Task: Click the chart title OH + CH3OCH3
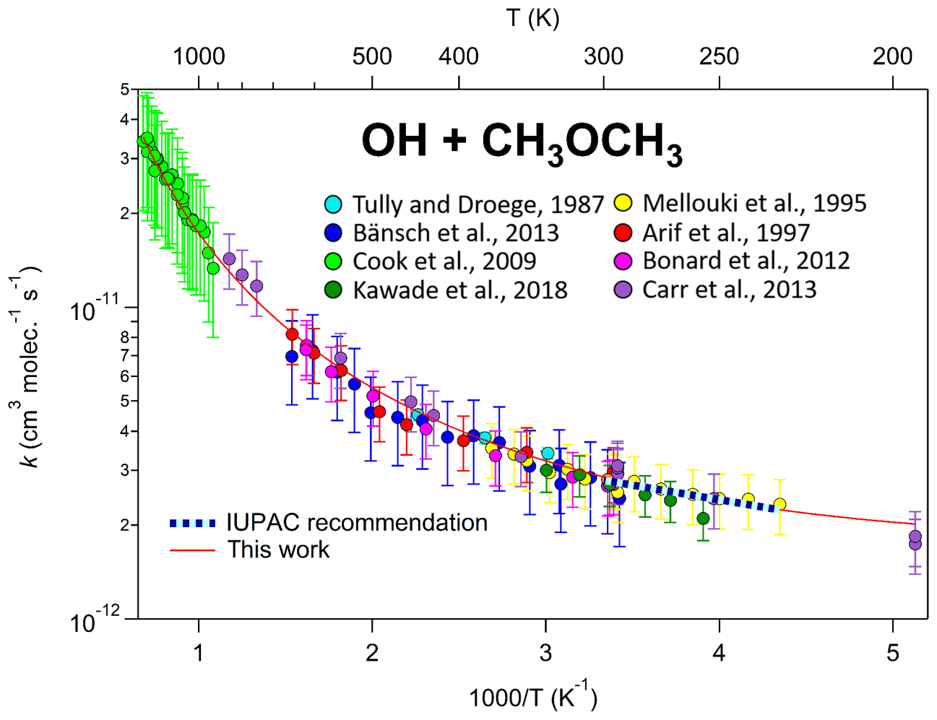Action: point(522,142)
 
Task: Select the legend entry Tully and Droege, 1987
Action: point(478,204)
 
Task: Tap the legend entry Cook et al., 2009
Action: point(444,261)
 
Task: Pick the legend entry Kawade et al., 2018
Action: point(459,290)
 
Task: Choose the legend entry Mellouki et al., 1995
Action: point(754,203)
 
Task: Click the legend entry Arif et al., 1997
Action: point(725,233)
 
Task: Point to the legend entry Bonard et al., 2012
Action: point(746,260)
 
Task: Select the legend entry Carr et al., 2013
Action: point(729,289)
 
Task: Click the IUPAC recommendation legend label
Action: point(357,522)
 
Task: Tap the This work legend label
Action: point(278,550)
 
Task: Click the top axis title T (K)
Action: point(532,18)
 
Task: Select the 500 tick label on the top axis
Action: point(372,56)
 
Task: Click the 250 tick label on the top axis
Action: point(719,56)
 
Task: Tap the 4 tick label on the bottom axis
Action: point(719,653)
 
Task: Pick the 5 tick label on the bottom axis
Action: point(893,653)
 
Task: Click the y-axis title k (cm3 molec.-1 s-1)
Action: point(27,368)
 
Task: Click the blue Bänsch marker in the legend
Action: point(333,233)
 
